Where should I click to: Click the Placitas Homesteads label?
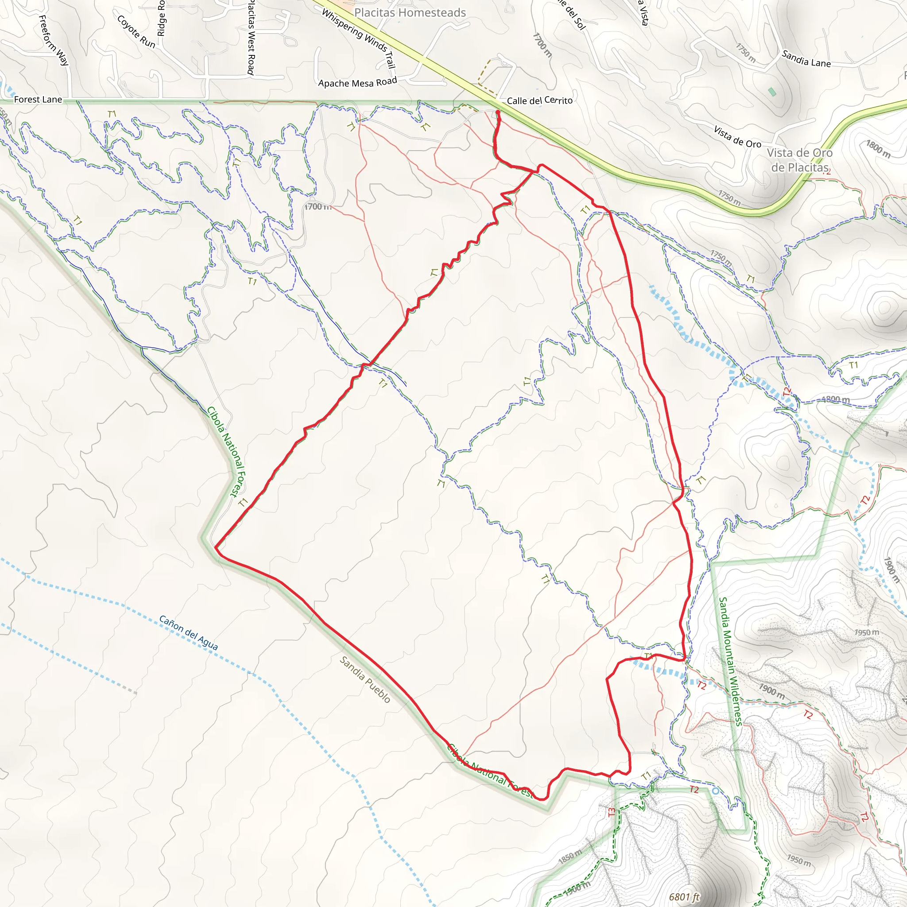pyautogui.click(x=410, y=13)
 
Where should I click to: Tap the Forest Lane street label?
pyautogui.click(x=38, y=100)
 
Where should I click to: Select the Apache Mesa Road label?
pyautogui.click(x=357, y=83)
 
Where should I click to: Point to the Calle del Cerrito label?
pyautogui.click(x=539, y=101)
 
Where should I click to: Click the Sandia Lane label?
pyautogui.click(x=806, y=59)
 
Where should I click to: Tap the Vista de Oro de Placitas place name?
pyautogui.click(x=800, y=160)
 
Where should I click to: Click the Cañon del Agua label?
pyautogui.click(x=188, y=632)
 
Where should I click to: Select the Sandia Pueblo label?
pyautogui.click(x=365, y=679)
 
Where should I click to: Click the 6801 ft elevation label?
pyautogui.click(x=684, y=897)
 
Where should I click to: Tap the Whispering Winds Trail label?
pyautogui.click(x=359, y=39)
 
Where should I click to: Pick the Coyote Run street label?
pyautogui.click(x=136, y=31)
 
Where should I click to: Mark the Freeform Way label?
pyautogui.click(x=54, y=40)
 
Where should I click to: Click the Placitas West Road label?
pyautogui.click(x=251, y=38)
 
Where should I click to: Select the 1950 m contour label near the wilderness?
pyautogui.click(x=866, y=633)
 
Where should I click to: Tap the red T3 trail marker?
pyautogui.click(x=611, y=812)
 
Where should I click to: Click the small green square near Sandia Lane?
pyautogui.click(x=772, y=92)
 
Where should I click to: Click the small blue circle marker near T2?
pyautogui.click(x=715, y=791)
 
